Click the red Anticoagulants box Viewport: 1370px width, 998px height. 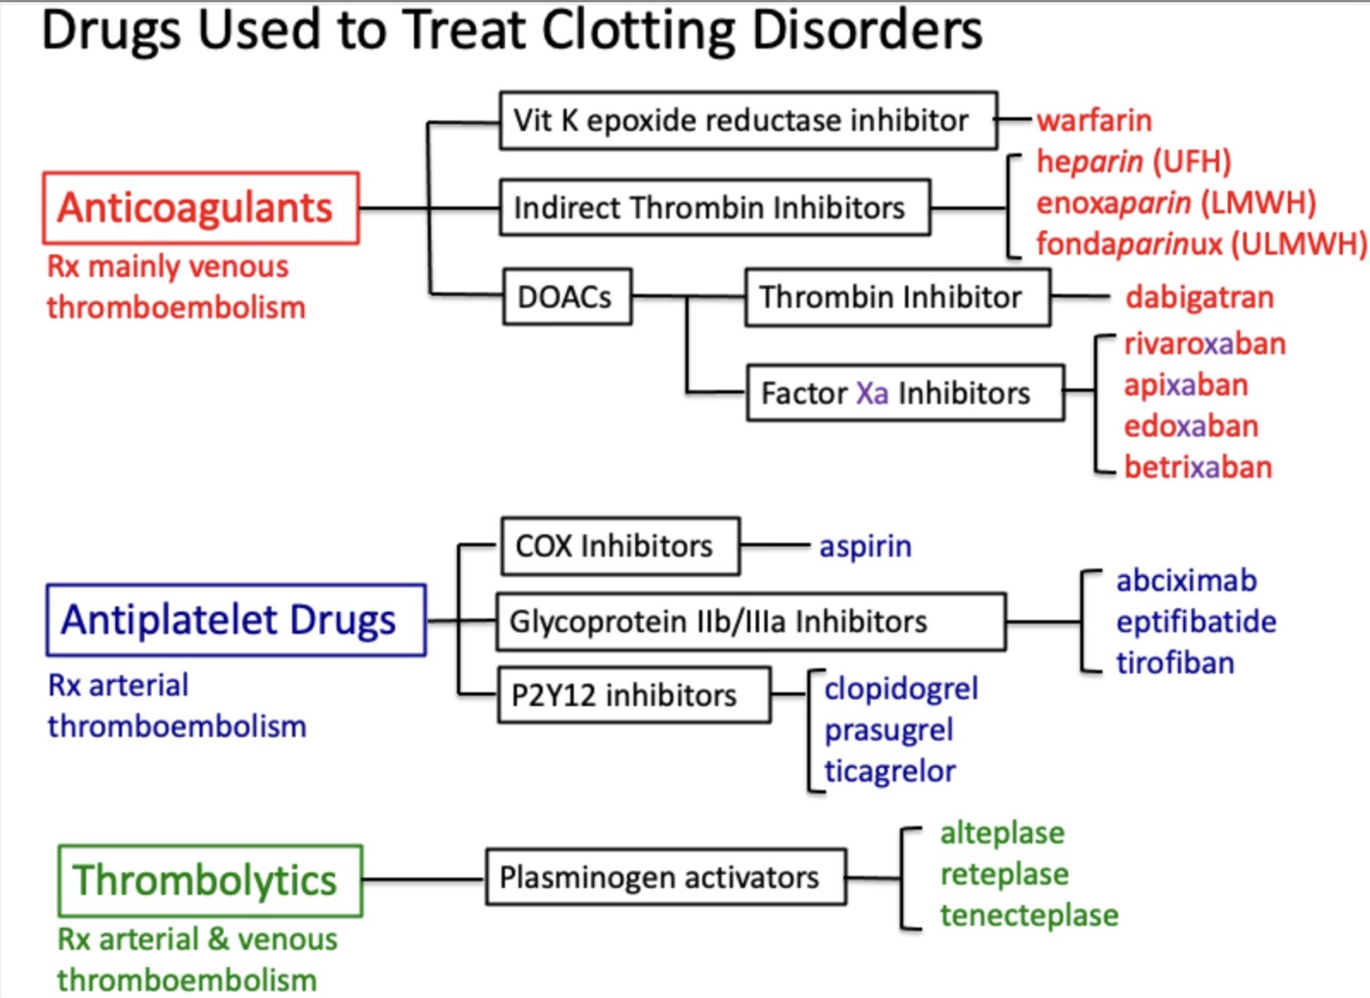[x=200, y=208]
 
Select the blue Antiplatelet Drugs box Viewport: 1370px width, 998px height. [x=236, y=620]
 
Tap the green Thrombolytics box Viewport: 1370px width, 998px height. [x=210, y=881]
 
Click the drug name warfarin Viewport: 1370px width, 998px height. [x=1094, y=120]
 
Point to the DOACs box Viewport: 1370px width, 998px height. [x=567, y=297]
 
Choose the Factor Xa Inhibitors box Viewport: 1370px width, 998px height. [x=905, y=393]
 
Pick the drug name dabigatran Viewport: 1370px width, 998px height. [x=1199, y=297]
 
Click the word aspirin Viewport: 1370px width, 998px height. [x=865, y=546]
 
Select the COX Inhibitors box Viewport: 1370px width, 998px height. [x=620, y=546]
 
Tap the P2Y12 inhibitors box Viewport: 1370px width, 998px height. [x=634, y=695]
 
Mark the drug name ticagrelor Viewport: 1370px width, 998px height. [x=890, y=771]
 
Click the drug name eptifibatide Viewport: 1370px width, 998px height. [x=1196, y=622]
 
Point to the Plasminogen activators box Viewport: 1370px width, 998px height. [x=665, y=878]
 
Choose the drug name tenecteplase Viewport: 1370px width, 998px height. [x=1029, y=916]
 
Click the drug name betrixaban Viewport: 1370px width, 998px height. [x=1198, y=467]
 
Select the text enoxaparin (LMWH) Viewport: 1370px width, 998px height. [x=1176, y=203]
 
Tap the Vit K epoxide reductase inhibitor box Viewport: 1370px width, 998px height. [x=748, y=120]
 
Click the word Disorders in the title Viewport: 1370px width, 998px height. [x=866, y=32]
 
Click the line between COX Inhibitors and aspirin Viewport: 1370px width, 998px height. [x=775, y=546]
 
